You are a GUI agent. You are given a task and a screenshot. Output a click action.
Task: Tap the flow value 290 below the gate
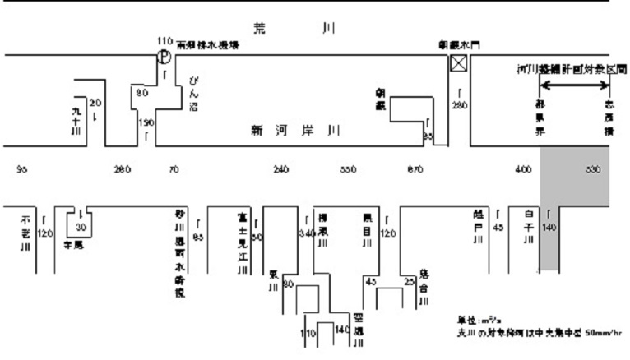[459, 106]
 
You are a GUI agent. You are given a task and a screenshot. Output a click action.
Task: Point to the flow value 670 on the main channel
[415, 170]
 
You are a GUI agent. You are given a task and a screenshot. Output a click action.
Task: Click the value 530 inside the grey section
[593, 170]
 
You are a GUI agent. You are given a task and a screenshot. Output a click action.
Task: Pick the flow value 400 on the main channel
[523, 170]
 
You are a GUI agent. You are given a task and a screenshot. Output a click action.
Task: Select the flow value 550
[348, 170]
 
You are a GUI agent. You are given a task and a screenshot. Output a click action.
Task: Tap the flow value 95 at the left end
[22, 170]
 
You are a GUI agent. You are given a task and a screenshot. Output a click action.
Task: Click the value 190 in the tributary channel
[146, 122]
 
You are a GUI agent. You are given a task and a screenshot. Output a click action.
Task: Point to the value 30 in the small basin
[81, 227]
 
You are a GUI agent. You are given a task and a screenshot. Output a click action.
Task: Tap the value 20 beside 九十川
[94, 103]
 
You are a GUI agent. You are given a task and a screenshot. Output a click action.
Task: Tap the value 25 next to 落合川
[409, 282]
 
